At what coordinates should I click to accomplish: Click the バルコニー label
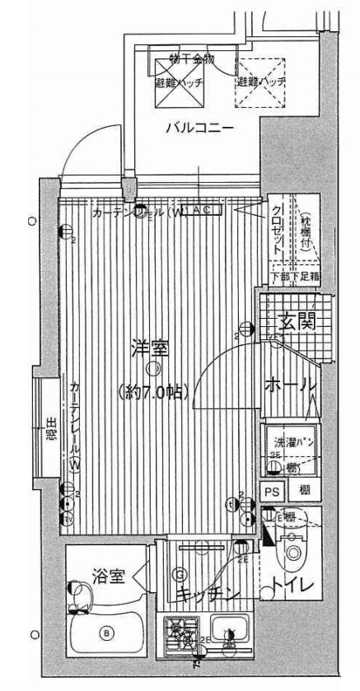[198, 128]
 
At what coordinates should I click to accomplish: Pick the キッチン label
[207, 595]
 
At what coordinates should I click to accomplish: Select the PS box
[271, 491]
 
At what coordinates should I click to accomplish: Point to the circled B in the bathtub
[105, 633]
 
